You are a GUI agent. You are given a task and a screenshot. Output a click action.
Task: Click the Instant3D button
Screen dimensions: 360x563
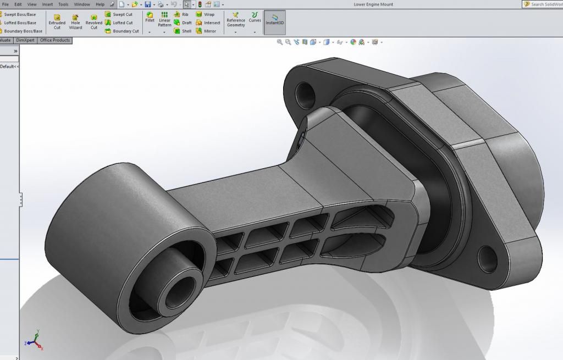pos(275,19)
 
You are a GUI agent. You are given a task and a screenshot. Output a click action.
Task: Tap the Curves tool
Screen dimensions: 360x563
pos(255,18)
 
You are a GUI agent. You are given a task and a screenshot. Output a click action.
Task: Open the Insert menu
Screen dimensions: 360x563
pos(48,4)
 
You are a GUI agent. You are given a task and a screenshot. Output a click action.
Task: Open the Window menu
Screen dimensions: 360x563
pos(82,4)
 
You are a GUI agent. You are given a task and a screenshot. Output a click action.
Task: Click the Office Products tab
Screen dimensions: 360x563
pos(55,40)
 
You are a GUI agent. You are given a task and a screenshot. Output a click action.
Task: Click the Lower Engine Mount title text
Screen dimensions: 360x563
pos(373,4)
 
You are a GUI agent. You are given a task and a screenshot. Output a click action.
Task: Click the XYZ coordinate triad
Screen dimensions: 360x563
pos(35,340)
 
